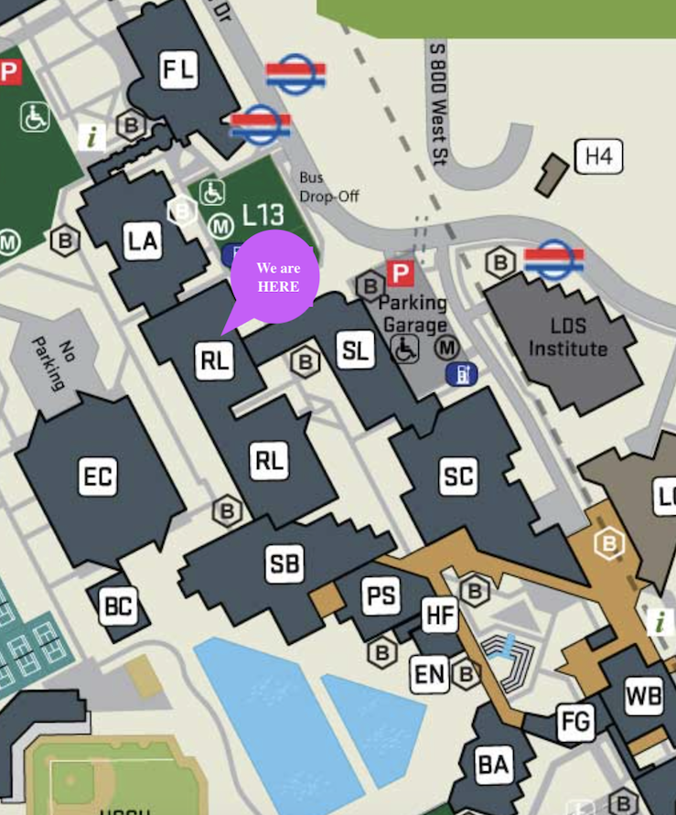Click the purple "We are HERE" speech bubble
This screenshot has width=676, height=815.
(x=274, y=277)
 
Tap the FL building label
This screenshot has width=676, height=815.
(x=178, y=70)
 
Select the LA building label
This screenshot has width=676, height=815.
(x=143, y=241)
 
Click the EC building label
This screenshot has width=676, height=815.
(x=98, y=477)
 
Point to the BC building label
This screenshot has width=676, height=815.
(x=119, y=606)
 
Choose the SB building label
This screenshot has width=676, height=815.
(x=284, y=563)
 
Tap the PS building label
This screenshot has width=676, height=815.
(x=381, y=596)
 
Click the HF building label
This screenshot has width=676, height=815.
(x=440, y=615)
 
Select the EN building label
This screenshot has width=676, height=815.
(x=429, y=675)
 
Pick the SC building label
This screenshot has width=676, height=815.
(x=457, y=477)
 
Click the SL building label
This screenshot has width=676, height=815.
(x=355, y=349)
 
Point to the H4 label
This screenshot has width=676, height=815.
(x=598, y=156)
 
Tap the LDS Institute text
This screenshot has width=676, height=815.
(x=567, y=338)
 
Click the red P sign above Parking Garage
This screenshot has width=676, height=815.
(x=400, y=273)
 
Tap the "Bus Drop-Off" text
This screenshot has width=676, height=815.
(x=328, y=187)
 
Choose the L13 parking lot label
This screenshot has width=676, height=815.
(x=263, y=216)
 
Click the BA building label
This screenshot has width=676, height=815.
(x=493, y=764)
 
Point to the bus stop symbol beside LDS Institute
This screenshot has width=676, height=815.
(x=554, y=259)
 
